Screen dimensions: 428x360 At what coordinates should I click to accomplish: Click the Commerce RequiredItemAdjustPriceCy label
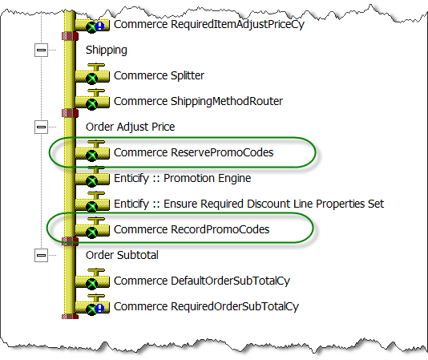tap(209, 25)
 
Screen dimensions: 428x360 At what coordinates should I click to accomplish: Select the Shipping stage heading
tap(107, 51)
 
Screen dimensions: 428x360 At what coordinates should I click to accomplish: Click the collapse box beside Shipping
tap(41, 50)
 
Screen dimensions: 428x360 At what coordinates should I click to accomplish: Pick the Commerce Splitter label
tap(159, 75)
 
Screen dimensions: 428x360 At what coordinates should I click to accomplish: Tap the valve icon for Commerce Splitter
tap(92, 75)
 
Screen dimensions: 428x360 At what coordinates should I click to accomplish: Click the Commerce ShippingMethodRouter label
tap(198, 102)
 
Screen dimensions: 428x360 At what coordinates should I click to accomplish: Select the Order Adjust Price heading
tap(130, 127)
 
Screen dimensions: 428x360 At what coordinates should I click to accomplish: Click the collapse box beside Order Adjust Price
tap(41, 127)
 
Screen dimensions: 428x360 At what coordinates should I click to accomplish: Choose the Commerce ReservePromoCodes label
tap(193, 152)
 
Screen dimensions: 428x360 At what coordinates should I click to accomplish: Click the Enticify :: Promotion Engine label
tap(182, 178)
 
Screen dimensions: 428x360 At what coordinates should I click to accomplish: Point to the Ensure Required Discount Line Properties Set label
tap(274, 204)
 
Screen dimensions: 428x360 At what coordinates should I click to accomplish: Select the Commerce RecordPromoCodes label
tap(192, 230)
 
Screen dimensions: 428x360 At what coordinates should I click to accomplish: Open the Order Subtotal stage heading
tap(122, 256)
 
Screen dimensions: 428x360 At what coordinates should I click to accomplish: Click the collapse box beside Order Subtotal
tap(41, 256)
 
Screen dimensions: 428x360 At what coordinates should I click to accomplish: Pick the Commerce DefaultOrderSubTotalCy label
tap(202, 281)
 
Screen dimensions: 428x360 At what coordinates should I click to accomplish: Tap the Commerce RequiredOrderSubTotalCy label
tap(206, 307)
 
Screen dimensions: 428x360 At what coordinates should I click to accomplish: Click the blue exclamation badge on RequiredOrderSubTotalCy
tap(100, 309)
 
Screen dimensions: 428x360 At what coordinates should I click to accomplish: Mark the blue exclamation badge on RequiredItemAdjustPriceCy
tap(100, 26)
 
